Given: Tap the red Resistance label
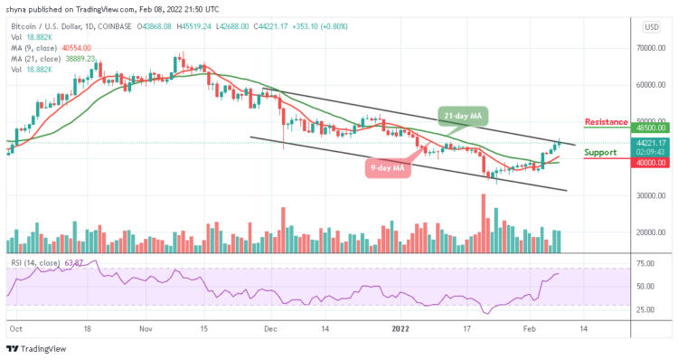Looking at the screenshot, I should [x=606, y=121].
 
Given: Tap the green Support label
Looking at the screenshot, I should [x=602, y=153].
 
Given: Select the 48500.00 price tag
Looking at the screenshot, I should [x=650, y=128].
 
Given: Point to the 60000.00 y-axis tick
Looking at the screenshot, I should [x=650, y=85].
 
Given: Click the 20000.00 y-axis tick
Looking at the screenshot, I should [x=650, y=232].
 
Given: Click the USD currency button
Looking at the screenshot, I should [x=650, y=26].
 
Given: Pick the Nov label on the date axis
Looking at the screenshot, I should [x=146, y=330].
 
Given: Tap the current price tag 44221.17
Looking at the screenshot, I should [x=650, y=142].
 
